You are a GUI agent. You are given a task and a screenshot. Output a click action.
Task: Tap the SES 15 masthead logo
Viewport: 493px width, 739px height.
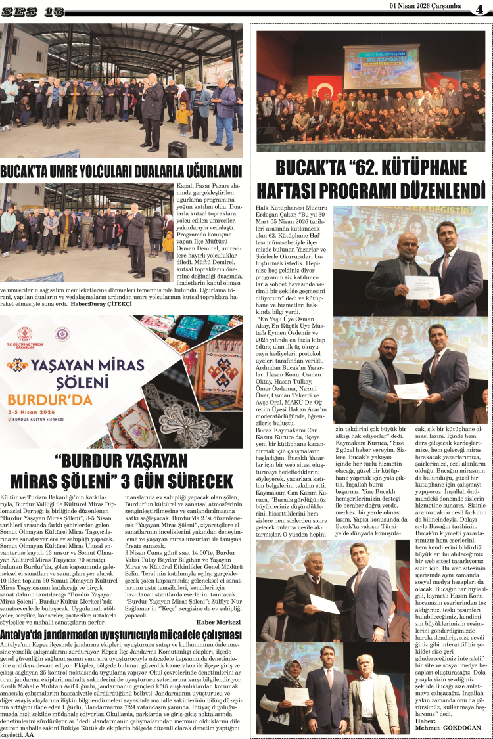[x=33, y=11]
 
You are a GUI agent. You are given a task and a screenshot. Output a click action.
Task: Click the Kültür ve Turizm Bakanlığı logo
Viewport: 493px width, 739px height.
[x=24, y=336]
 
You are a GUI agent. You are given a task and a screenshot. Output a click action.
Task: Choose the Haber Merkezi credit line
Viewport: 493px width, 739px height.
[x=218, y=622]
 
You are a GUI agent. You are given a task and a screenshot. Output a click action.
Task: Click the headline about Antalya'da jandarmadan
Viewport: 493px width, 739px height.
[x=122, y=635]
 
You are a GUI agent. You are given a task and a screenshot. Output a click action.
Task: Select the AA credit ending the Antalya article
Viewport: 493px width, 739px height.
[x=29, y=735]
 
